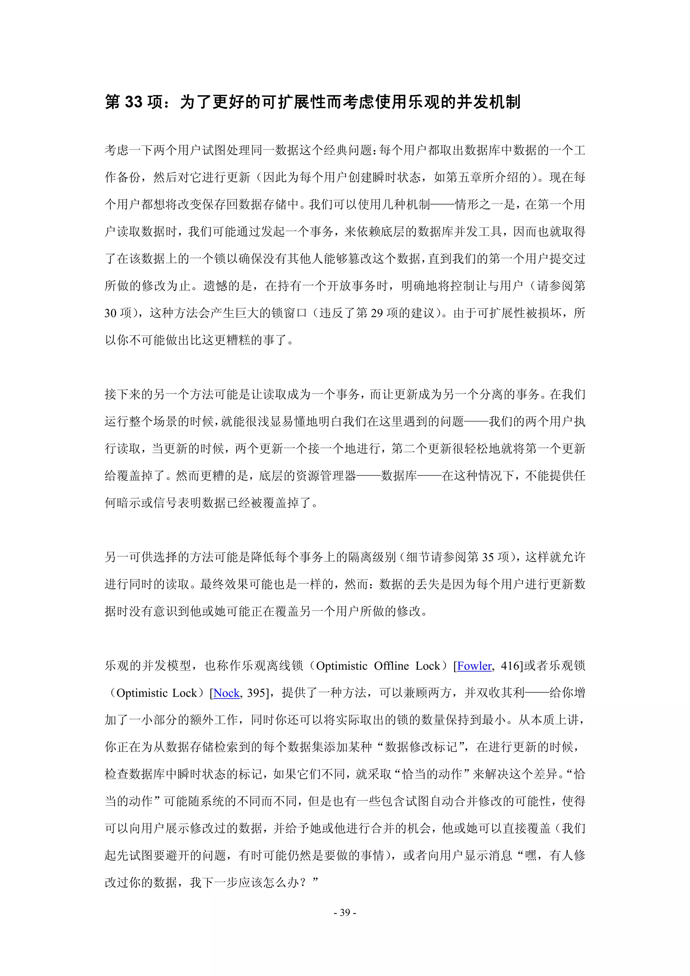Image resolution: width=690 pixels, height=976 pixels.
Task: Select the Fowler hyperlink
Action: tap(474, 666)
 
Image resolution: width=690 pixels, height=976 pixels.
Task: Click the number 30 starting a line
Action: tap(111, 313)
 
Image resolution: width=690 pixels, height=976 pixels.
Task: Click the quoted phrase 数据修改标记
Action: tap(420, 747)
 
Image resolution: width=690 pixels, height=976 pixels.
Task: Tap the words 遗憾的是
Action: tap(227, 286)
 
